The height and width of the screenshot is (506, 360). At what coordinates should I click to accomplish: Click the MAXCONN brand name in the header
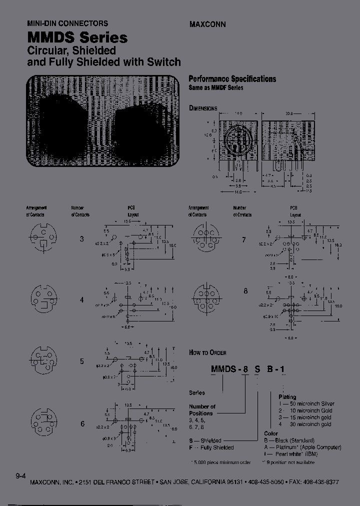[207, 23]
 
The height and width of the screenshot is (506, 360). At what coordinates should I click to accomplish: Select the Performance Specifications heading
[232, 78]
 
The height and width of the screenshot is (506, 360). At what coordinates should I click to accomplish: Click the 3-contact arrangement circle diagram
[42, 238]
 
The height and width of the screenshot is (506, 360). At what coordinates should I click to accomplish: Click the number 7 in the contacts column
[244, 239]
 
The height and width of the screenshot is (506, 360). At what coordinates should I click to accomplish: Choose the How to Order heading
[207, 352]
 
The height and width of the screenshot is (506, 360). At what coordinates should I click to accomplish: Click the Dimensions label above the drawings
[203, 108]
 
